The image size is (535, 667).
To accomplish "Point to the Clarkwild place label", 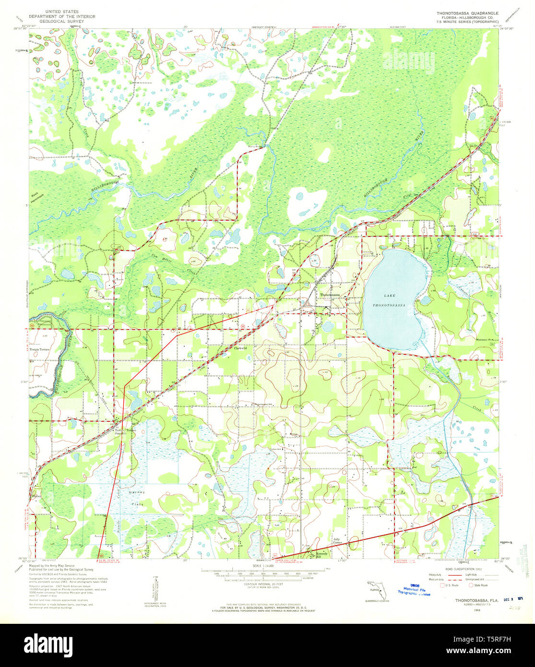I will tap(240, 348).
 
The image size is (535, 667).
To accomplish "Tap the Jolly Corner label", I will tap(339, 541).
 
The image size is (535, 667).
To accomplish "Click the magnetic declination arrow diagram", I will tap(155, 594).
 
